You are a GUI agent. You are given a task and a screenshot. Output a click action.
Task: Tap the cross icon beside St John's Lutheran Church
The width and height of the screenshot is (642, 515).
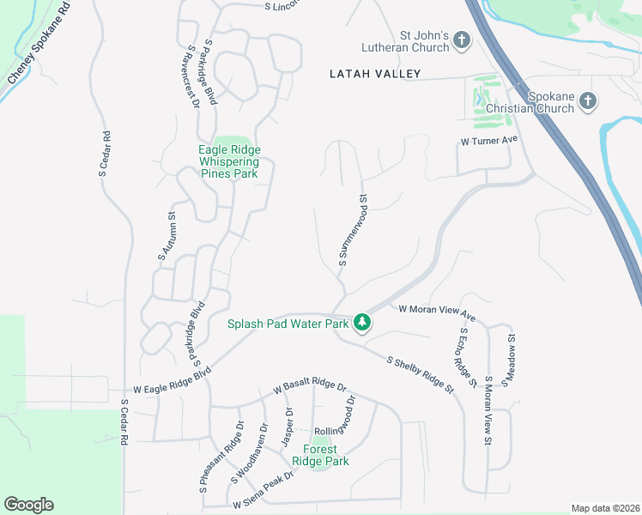(462, 40)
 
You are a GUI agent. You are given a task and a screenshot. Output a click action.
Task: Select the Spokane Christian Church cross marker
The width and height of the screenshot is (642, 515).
(588, 102)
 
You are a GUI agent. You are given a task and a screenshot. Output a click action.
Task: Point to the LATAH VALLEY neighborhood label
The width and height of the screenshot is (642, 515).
(375, 75)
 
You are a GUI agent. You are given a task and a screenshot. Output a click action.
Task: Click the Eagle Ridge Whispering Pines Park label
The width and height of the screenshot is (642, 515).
(229, 161)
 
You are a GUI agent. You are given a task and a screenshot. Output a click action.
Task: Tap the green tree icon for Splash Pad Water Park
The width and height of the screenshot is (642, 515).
(363, 323)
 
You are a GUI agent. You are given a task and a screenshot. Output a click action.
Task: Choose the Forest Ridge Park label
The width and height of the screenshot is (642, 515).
(320, 455)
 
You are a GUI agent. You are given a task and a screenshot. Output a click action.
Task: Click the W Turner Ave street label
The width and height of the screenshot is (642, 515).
(489, 140)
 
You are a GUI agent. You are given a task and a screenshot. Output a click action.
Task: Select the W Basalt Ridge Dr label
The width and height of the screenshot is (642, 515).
(309, 388)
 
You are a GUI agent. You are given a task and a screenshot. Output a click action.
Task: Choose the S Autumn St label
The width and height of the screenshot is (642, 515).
(165, 236)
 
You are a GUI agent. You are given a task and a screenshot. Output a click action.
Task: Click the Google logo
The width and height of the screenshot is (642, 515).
(28, 505)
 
